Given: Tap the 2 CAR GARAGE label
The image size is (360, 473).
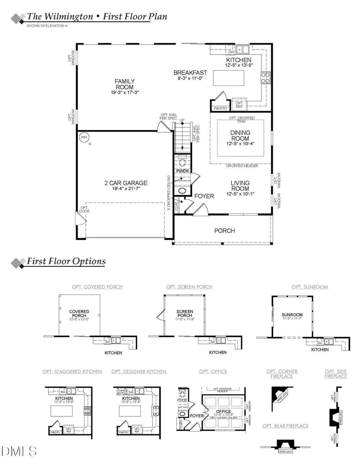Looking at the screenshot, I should click(x=126, y=183).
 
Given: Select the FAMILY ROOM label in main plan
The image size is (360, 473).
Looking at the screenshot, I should click(x=125, y=84).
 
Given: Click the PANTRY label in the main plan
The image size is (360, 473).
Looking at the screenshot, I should click(x=220, y=108).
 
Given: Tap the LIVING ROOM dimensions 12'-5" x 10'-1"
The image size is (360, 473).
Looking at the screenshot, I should click(x=240, y=194).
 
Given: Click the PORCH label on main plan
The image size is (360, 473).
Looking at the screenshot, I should click(x=225, y=231).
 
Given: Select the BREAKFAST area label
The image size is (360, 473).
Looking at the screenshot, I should click(x=190, y=72).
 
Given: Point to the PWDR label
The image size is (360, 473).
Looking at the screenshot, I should click(x=182, y=171).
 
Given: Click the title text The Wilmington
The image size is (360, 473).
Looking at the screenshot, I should click(x=58, y=17).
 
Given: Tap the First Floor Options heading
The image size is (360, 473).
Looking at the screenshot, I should click(x=66, y=261).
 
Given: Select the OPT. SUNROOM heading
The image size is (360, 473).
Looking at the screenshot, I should click(x=310, y=287).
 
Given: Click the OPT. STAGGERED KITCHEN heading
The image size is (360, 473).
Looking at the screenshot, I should click(x=72, y=372).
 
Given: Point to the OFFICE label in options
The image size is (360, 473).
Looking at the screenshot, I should click(x=224, y=411).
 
